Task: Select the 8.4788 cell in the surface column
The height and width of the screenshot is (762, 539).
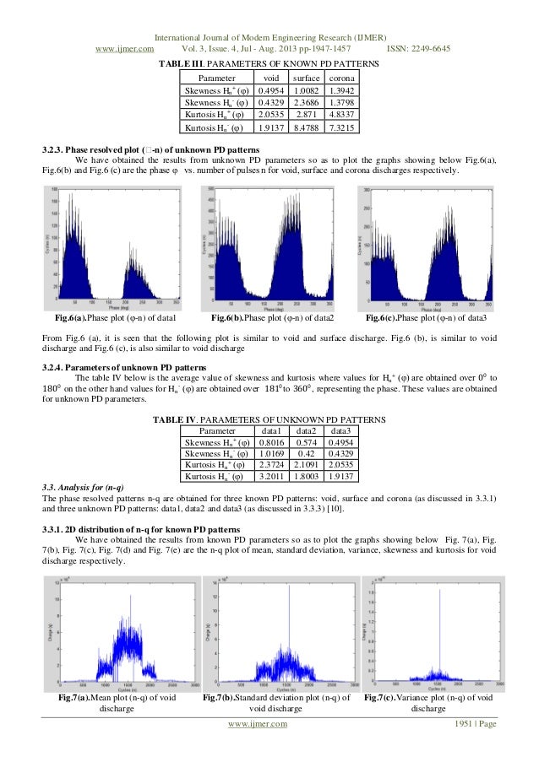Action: pyautogui.click(x=307, y=127)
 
